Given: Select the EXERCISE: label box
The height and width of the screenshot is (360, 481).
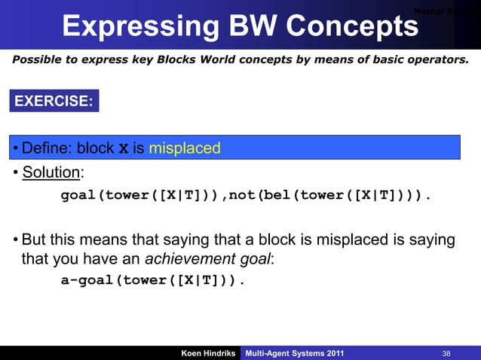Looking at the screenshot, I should tap(54, 101).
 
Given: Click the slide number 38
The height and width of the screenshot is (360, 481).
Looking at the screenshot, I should tap(449, 353).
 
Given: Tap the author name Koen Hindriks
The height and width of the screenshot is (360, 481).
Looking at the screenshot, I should tap(207, 353).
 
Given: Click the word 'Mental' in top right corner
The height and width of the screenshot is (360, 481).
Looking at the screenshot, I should tap(431, 11).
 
